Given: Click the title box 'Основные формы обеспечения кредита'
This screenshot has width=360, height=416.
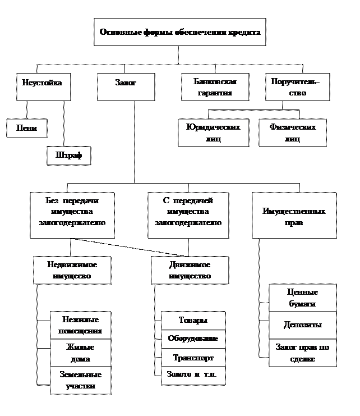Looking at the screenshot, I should coord(180,32).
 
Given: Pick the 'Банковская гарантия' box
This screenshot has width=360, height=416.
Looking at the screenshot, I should coord(215,87).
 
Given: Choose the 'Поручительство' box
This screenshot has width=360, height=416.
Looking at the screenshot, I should coord(297,87).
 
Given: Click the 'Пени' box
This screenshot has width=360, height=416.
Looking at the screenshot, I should coord(26,128).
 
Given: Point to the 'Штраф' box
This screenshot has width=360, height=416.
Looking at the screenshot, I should coord(68,156).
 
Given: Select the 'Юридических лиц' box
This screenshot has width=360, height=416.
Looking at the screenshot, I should coord(213,133).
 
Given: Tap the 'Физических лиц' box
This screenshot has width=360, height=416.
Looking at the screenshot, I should coord(292,133).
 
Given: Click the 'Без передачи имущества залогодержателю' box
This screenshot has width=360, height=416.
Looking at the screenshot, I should coord(72,215).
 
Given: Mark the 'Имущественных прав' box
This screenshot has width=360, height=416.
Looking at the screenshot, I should coord(294,216).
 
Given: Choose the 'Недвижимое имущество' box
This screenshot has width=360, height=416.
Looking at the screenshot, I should coord(72,270).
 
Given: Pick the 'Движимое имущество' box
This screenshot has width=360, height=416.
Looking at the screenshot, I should coord(190,270).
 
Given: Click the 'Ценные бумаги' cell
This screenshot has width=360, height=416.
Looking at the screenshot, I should coord(302,298).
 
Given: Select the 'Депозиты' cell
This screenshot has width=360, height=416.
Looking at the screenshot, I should coord(302,325).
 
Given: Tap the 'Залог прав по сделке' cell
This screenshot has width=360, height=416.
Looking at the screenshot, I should coord(302,353).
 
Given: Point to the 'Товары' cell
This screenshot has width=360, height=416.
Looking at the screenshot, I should coord(193,321).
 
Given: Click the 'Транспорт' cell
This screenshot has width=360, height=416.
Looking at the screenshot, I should coord(193,358).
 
